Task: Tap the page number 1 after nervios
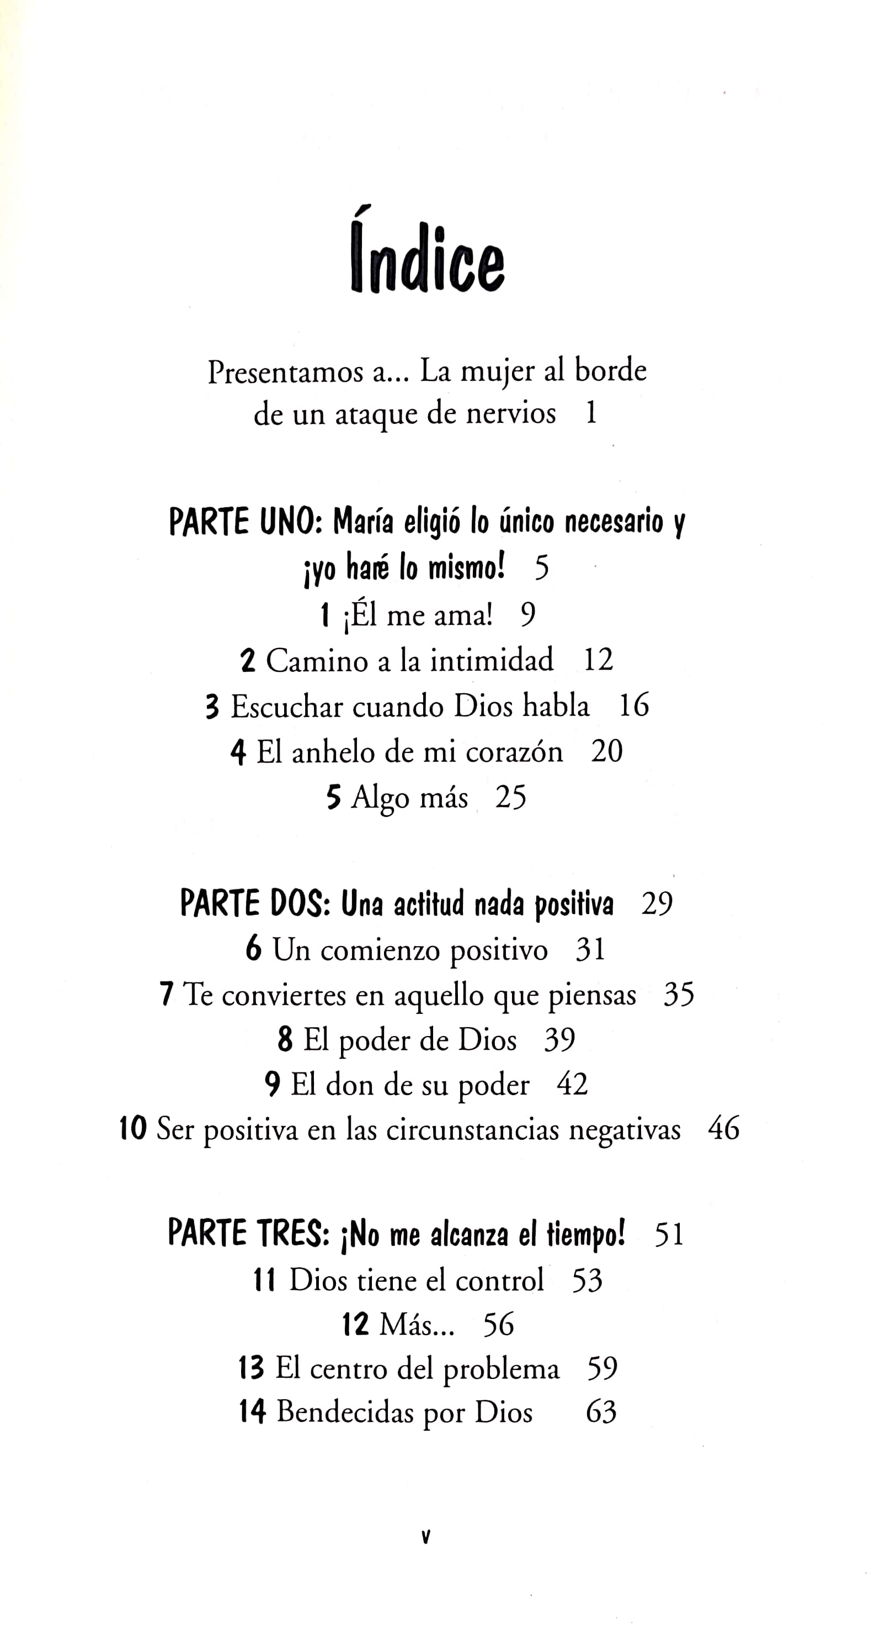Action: tap(591, 413)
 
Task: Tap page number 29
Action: tap(657, 904)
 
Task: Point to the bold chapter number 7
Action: tap(167, 995)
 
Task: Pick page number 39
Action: tap(559, 1039)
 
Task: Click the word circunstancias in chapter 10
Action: tap(472, 1129)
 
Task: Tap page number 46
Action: tap(723, 1129)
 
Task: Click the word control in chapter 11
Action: tap(499, 1280)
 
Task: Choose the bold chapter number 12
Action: tap(356, 1324)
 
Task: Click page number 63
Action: tap(601, 1412)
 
